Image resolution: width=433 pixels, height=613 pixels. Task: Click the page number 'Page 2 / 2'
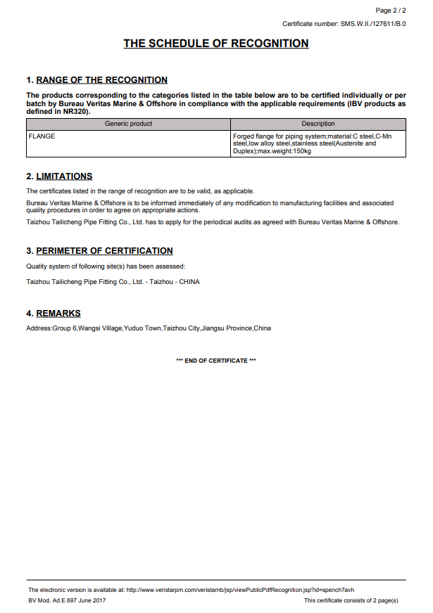[x=391, y=11]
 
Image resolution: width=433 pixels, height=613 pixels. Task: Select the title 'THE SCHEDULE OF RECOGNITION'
[x=216, y=44]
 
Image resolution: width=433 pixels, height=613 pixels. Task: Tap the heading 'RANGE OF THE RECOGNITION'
[x=101, y=80]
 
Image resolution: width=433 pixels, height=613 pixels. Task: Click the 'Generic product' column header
[x=128, y=124]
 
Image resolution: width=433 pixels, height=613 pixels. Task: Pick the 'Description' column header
[x=318, y=124]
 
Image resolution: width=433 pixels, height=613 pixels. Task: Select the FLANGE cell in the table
[x=42, y=136]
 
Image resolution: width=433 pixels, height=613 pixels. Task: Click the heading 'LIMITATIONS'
[x=64, y=176]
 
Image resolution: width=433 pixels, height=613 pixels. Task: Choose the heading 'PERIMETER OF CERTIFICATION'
[x=104, y=251]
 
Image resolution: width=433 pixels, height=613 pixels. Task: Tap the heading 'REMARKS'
[x=58, y=314]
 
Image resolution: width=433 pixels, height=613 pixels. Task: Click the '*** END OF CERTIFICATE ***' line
[x=216, y=361]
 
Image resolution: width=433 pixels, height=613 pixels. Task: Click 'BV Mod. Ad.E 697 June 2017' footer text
[x=67, y=600]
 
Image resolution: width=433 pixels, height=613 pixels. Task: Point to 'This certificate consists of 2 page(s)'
[x=351, y=600]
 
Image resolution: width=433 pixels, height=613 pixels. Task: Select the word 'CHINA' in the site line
[x=189, y=282]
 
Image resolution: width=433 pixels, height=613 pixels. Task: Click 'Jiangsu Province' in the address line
[x=227, y=328]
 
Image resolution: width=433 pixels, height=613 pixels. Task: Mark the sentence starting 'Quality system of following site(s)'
[x=106, y=266]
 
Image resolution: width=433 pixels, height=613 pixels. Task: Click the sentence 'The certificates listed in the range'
[x=140, y=191]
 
